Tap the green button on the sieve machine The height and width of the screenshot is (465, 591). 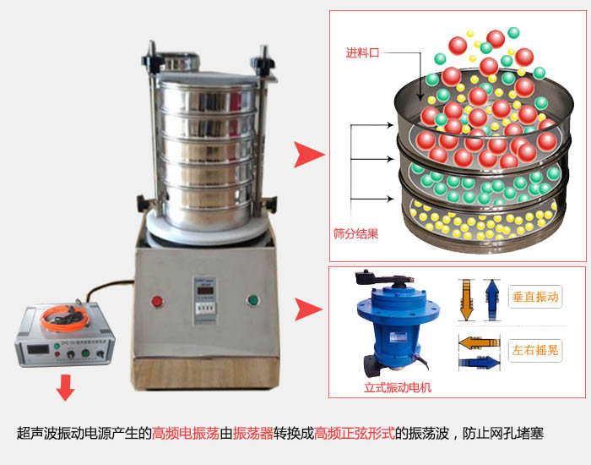tap(252, 300)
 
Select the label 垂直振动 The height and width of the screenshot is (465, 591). tap(535, 298)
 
